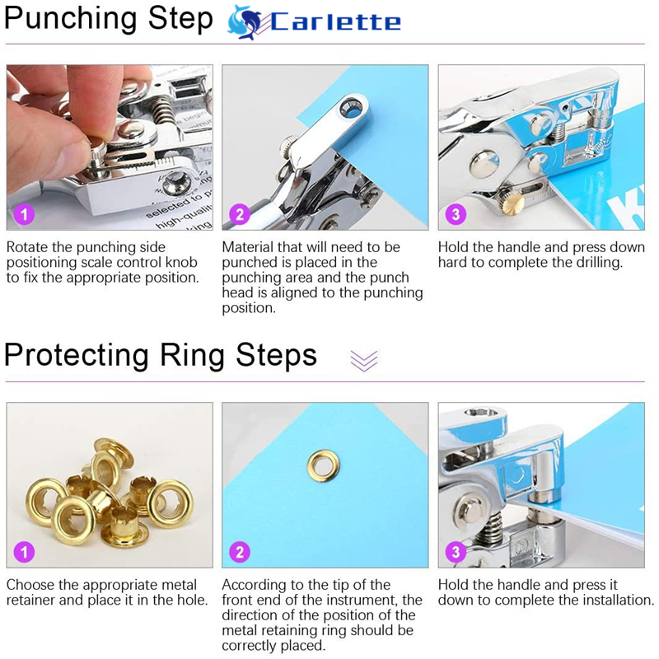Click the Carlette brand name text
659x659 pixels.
pyautogui.click(x=335, y=22)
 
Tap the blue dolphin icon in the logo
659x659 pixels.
pyautogui.click(x=244, y=22)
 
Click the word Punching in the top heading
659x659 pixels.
pyautogui.click(x=70, y=19)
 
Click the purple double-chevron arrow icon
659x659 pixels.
pyautogui.click(x=364, y=361)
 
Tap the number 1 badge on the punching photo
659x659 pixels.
pyautogui.click(x=24, y=214)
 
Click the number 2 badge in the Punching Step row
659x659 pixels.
pyautogui.click(x=240, y=214)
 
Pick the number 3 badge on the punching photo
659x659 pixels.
pyautogui.click(x=456, y=214)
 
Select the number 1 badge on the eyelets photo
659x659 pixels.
pyautogui.click(x=24, y=552)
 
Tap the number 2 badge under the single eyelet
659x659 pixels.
pyautogui.click(x=240, y=552)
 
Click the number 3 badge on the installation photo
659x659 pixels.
pyautogui.click(x=456, y=552)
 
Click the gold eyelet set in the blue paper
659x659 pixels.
pyautogui.click(x=323, y=465)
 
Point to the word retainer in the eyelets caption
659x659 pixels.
pyautogui.click(x=30, y=600)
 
